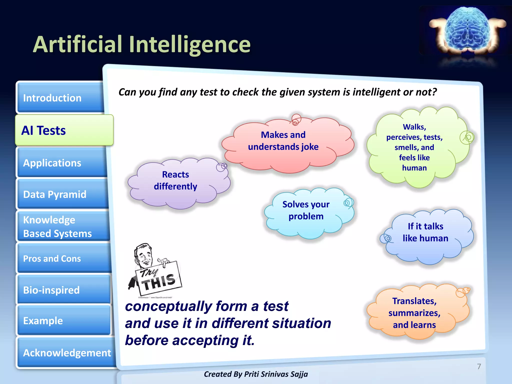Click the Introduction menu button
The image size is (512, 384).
[x=60, y=98]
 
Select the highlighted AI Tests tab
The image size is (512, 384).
[x=64, y=130]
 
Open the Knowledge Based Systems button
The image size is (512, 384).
[x=62, y=226]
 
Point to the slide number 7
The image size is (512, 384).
[x=479, y=366]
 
